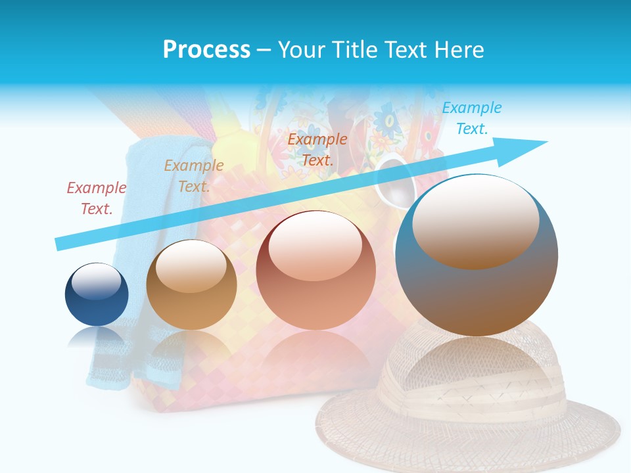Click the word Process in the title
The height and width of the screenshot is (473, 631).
[x=206, y=49]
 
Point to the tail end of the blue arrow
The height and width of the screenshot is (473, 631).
[x=58, y=244]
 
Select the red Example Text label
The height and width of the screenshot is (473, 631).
[x=96, y=198]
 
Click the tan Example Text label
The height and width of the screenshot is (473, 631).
[x=193, y=175]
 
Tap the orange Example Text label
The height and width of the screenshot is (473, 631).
[x=317, y=149]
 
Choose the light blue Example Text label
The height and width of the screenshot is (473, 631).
[x=471, y=118]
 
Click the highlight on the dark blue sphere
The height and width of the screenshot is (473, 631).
[x=96, y=281]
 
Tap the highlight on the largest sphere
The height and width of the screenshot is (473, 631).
[x=475, y=223]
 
